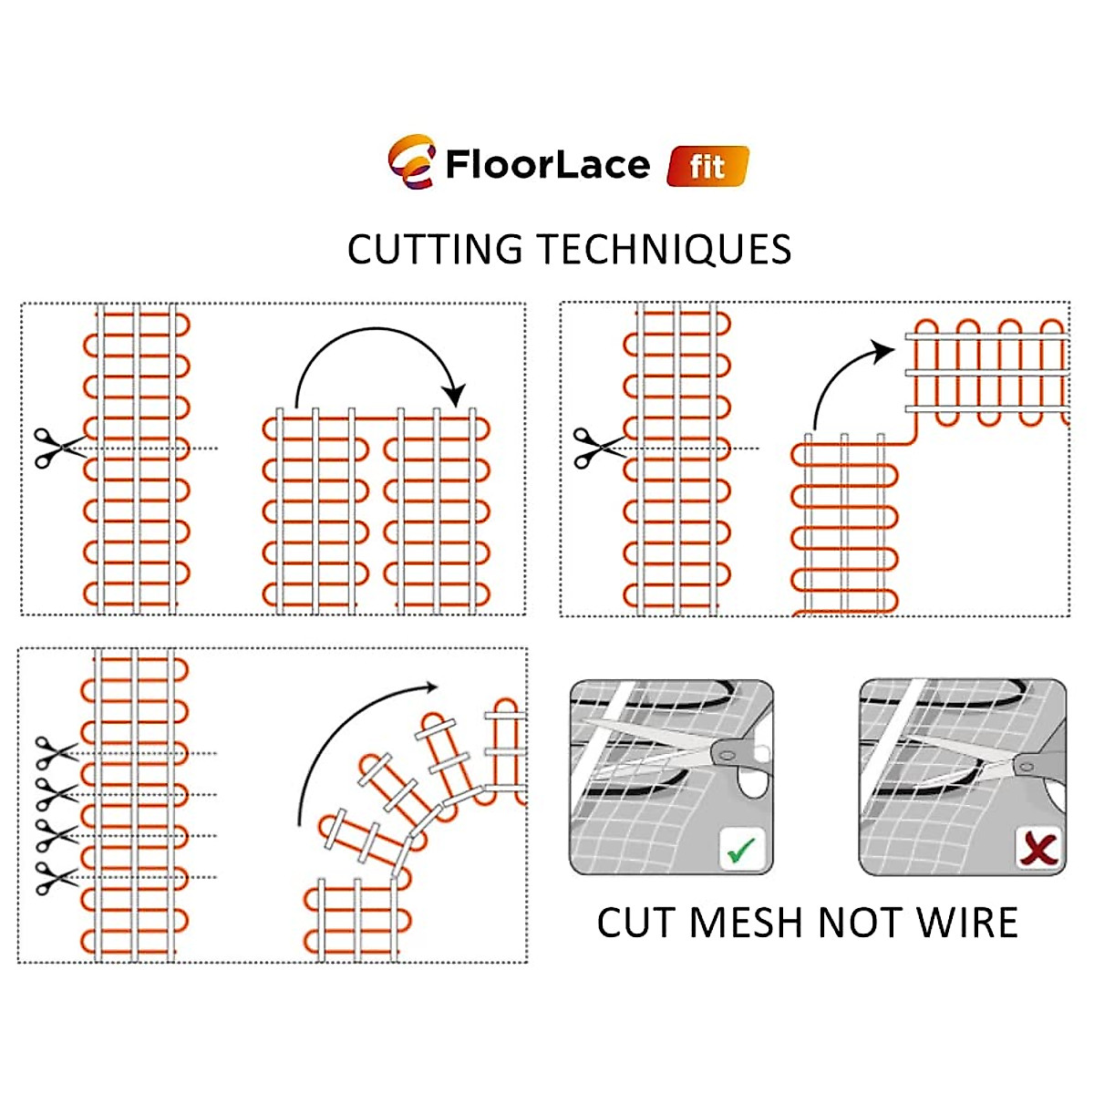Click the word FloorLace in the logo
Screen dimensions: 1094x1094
[x=547, y=165]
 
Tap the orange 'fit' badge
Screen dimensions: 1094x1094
[x=707, y=167]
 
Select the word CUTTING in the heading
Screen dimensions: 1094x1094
[x=435, y=250]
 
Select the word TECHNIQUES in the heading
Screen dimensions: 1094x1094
[x=663, y=250]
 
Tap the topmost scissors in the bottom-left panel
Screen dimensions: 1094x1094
[x=53, y=753]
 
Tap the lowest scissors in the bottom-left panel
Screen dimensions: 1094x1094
[x=53, y=877]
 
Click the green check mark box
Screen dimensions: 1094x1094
[x=741, y=851]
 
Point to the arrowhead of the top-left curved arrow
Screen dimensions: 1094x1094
[x=453, y=395]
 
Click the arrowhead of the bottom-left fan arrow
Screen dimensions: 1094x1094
[x=429, y=687]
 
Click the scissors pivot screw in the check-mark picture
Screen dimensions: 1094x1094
[x=726, y=752]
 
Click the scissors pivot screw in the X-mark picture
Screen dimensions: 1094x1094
[x=1024, y=765]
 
